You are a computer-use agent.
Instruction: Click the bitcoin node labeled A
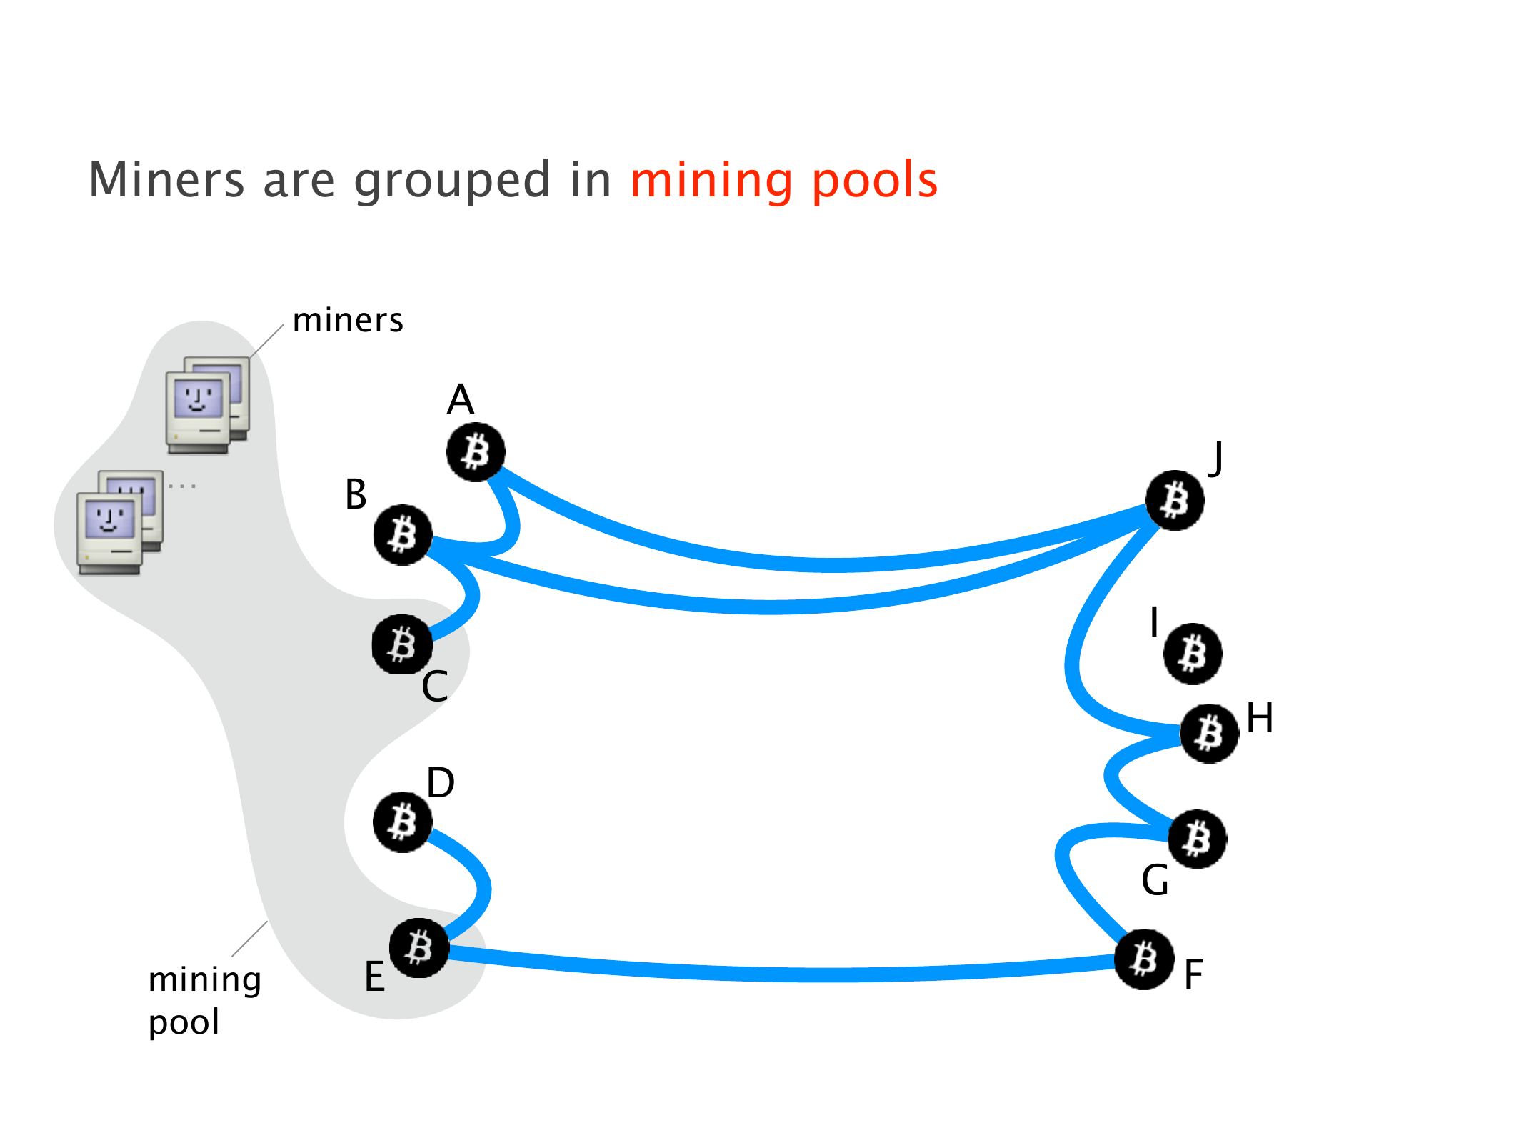[476, 451]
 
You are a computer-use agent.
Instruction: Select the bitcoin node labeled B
[403, 535]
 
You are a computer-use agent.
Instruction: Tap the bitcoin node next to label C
[402, 644]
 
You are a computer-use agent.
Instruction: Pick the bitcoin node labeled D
[403, 822]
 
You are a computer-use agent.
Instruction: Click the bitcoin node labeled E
[419, 948]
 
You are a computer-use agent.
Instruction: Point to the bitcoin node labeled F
[1144, 959]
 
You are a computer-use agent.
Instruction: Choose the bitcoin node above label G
[1198, 839]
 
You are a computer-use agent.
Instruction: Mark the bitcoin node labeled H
[1209, 733]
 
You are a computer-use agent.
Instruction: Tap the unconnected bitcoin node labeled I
[1193, 654]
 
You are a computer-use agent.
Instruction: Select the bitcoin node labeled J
[1175, 500]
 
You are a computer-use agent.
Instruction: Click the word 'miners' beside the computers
[348, 321]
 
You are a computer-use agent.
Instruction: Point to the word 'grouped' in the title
[452, 180]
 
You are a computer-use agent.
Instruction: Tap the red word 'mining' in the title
[711, 180]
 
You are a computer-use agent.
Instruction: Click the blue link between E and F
[786, 973]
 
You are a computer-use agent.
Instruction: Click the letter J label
[1215, 458]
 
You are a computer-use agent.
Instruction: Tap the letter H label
[1260, 718]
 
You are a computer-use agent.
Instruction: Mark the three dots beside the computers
[182, 486]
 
